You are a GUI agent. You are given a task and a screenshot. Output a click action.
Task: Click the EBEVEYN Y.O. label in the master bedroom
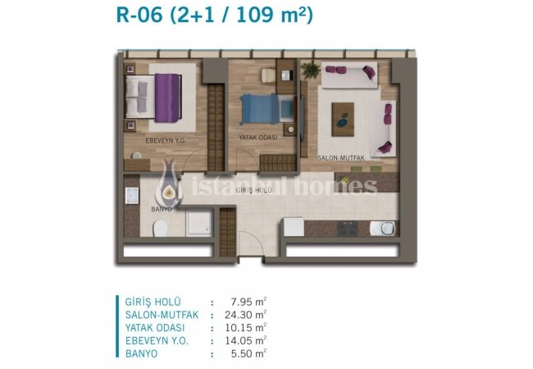(x=166, y=140)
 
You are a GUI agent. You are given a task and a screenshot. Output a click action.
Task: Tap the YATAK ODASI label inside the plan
(x=258, y=138)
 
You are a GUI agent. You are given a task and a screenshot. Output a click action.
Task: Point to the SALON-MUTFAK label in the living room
(x=341, y=158)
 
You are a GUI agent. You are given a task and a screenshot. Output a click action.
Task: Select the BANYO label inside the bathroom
(x=162, y=209)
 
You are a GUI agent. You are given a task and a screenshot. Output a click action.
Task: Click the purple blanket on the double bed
(x=167, y=98)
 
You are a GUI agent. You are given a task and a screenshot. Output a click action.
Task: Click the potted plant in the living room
(x=310, y=71)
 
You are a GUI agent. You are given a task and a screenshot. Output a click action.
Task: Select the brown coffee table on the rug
(x=343, y=119)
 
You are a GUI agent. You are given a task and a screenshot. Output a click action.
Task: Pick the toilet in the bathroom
(x=160, y=228)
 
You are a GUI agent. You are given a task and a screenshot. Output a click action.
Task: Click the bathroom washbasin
(x=131, y=196)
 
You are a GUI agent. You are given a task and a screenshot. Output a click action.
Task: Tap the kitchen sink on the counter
(x=383, y=228)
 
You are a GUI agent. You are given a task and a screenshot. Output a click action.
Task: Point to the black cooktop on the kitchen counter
(x=348, y=228)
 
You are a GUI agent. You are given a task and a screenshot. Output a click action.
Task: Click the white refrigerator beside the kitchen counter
(x=294, y=227)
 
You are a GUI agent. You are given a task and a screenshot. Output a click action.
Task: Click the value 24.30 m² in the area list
(x=245, y=315)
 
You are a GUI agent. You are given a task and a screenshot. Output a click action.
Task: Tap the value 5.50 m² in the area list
(x=248, y=353)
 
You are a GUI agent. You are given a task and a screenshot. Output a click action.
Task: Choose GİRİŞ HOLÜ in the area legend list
(x=153, y=302)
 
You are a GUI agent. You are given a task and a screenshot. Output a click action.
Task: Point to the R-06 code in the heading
(x=139, y=15)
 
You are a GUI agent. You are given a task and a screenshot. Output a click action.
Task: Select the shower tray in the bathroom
(x=199, y=223)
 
